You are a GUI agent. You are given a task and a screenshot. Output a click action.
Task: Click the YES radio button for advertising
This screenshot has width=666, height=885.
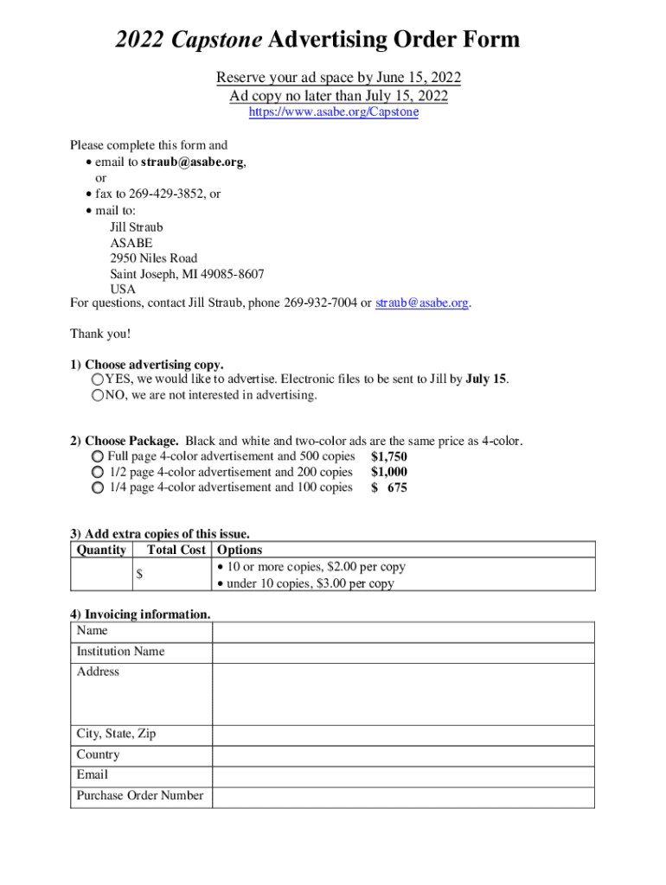(98, 380)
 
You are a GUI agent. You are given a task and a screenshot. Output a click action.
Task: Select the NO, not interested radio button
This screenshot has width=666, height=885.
(98, 396)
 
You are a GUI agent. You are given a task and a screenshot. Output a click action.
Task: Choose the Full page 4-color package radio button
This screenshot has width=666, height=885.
(98, 456)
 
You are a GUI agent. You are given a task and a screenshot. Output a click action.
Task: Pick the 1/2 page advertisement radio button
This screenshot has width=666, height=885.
(98, 472)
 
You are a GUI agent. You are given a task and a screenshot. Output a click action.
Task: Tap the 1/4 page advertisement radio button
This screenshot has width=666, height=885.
(98, 487)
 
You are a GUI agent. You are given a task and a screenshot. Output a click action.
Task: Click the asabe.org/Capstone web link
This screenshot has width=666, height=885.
(333, 112)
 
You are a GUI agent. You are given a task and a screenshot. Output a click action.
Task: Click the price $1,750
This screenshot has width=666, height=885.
(388, 456)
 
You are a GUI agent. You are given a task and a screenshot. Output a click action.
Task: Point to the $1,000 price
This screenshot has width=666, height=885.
(388, 472)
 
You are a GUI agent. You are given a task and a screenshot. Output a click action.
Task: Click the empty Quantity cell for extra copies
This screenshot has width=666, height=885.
(100, 575)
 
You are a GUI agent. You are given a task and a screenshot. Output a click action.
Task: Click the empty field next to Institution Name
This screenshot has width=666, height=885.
(403, 653)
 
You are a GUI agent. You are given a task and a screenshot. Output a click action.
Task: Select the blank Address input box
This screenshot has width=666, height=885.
(403, 693)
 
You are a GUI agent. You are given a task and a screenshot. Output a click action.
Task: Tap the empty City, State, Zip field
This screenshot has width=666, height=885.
(403, 735)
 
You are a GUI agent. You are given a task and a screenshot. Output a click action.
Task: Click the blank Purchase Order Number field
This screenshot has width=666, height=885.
(403, 797)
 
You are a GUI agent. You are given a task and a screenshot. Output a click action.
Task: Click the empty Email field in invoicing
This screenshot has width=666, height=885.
(403, 776)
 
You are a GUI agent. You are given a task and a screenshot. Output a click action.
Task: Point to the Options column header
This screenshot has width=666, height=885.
(240, 550)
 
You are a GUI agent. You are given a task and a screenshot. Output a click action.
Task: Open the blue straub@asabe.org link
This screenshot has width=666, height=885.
(422, 303)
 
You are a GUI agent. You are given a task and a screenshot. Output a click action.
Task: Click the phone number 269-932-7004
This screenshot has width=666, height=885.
(321, 303)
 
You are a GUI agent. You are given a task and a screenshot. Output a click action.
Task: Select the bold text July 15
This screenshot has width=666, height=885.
(486, 379)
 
